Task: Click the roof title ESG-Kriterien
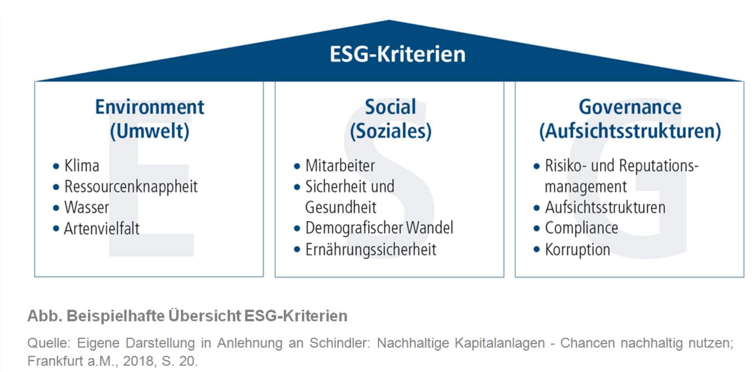[x=398, y=54]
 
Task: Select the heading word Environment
[x=150, y=107]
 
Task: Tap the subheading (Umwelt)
[x=150, y=131]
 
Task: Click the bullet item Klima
[x=82, y=166]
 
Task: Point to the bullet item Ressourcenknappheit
[x=131, y=187]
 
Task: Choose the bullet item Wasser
[x=87, y=207]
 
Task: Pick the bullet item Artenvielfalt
[x=102, y=229]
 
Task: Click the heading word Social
[x=391, y=107]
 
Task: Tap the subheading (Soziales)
[x=391, y=131]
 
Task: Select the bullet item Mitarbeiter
[x=340, y=166]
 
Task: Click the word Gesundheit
[x=341, y=207]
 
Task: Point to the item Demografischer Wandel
[x=379, y=228]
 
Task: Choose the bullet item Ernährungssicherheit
[x=371, y=250]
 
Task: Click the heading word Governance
[x=630, y=107]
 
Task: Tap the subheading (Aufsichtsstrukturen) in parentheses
[x=630, y=131]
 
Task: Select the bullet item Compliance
[x=581, y=228]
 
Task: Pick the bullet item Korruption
[x=577, y=250]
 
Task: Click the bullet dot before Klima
[x=56, y=166]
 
